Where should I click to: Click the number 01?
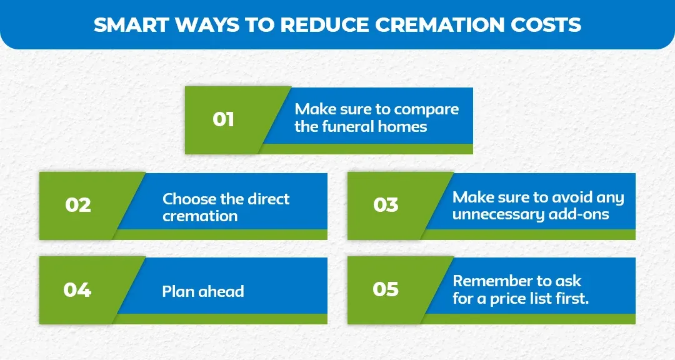[x=223, y=118]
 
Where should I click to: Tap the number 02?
[x=78, y=204]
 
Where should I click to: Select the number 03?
[x=386, y=204]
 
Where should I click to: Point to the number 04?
[x=77, y=290]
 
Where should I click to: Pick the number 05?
[x=386, y=289]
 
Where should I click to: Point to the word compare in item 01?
[x=427, y=109]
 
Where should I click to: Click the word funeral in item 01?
[x=346, y=126]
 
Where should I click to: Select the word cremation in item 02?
[x=200, y=216]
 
